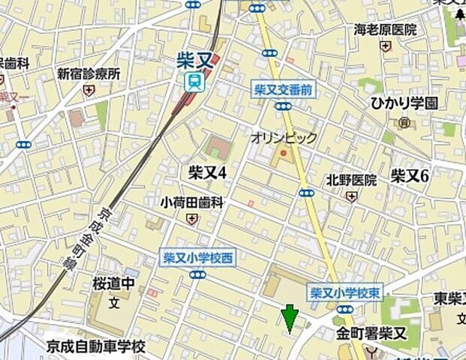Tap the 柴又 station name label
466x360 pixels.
194,59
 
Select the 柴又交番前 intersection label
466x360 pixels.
283,90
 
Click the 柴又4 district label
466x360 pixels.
207,172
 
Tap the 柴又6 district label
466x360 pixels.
409,175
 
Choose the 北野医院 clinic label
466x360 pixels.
351,180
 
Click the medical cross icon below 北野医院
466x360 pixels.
351,196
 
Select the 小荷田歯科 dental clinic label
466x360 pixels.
193,202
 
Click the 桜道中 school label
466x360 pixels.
113,285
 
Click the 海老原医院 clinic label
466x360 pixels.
385,30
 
